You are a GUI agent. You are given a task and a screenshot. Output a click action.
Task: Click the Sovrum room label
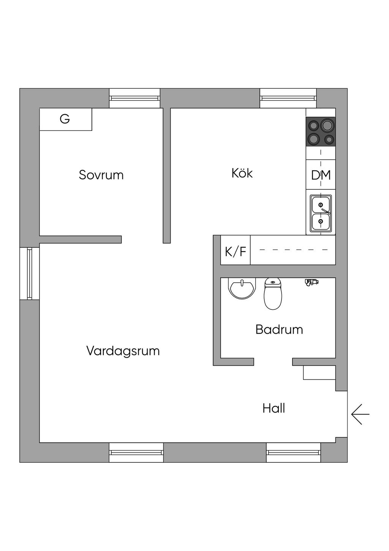[101, 175]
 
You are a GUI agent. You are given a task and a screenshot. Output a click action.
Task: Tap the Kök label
[242, 173]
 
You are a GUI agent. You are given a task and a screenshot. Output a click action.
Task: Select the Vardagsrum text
[123, 350]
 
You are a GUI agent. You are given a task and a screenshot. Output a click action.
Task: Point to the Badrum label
[279, 329]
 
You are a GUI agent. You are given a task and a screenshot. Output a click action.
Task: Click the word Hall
[274, 408]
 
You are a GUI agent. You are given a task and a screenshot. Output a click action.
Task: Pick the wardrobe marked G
[66, 119]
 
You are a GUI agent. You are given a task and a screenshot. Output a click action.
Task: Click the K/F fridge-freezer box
[235, 250]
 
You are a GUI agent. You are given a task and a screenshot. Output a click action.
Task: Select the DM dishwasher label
[321, 175]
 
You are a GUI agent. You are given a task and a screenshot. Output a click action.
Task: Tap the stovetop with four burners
[321, 132]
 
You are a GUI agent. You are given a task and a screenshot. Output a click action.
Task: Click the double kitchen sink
[321, 213]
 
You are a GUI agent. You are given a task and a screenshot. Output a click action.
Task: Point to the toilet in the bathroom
[273, 293]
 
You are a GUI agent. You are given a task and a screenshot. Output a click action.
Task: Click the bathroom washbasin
[242, 288]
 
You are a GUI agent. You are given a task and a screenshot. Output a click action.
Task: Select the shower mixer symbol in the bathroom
[312, 282]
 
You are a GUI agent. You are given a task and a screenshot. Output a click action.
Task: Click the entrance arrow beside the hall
[360, 414]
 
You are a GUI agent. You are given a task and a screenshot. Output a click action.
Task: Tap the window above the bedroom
[134, 98]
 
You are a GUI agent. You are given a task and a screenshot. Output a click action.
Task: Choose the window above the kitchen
[288, 98]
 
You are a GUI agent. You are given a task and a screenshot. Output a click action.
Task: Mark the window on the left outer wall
[30, 274]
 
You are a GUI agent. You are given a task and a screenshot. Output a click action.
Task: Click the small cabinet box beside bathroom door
[319, 373]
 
